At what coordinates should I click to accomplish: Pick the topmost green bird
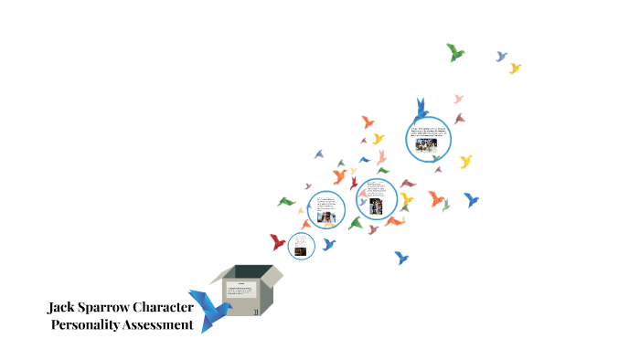pyautogui.click(x=455, y=52)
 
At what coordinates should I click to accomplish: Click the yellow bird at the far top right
pyautogui.click(x=515, y=68)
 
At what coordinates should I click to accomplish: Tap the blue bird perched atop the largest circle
pyautogui.click(x=421, y=109)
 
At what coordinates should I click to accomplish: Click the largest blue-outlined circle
pyautogui.click(x=428, y=138)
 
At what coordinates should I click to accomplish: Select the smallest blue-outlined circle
pyautogui.click(x=302, y=245)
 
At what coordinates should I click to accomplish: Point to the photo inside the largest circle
pyautogui.click(x=427, y=143)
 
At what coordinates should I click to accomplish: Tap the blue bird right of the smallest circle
pyautogui.click(x=328, y=243)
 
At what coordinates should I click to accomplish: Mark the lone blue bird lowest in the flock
pyautogui.click(x=400, y=258)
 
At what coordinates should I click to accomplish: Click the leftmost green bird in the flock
pyautogui.click(x=287, y=202)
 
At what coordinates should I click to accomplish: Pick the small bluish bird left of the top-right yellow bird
pyautogui.click(x=501, y=57)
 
